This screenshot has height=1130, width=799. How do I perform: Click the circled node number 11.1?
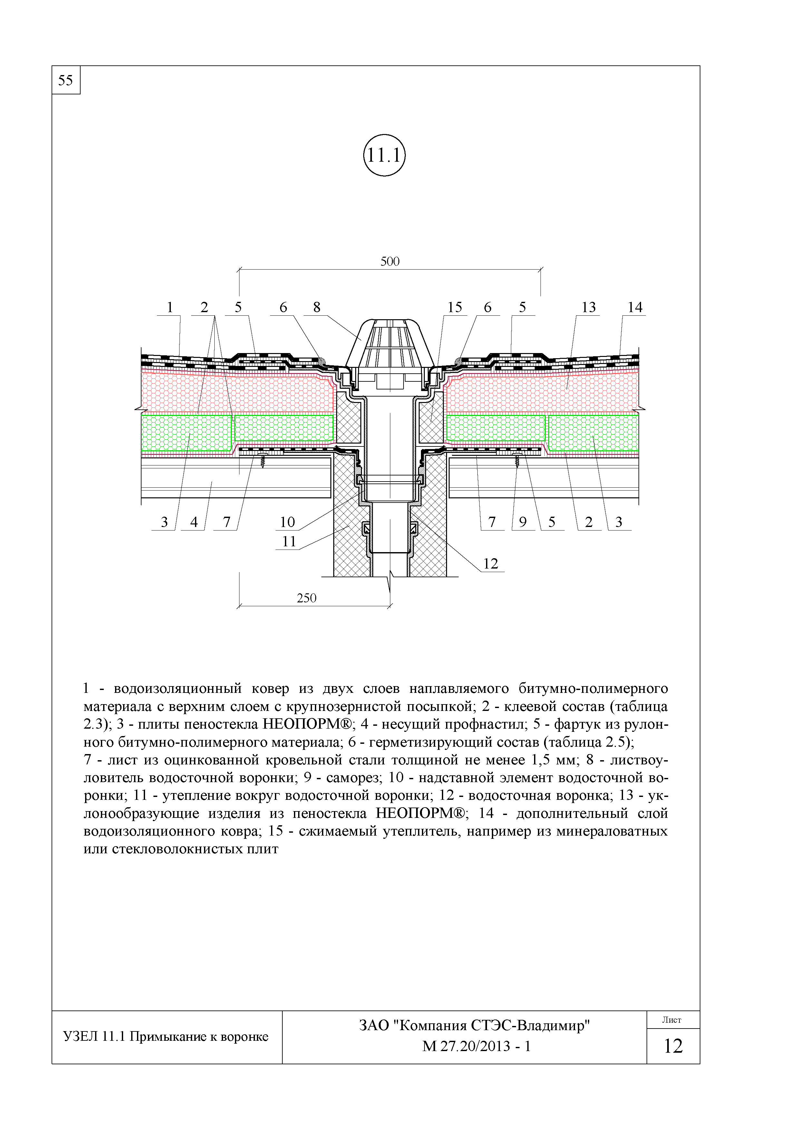(x=384, y=156)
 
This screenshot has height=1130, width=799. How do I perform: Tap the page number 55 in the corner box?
(x=65, y=80)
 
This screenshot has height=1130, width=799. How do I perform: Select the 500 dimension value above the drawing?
(x=390, y=261)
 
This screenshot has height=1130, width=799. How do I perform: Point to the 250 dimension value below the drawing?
(x=306, y=598)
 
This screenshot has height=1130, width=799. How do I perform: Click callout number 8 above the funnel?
(x=317, y=307)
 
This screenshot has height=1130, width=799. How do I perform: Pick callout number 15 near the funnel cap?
(x=454, y=307)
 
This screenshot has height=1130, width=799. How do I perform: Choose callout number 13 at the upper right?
(x=589, y=307)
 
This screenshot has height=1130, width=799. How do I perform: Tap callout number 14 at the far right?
(x=635, y=307)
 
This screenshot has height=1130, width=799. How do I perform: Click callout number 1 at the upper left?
(x=170, y=307)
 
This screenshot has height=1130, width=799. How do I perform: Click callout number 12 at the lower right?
(x=491, y=563)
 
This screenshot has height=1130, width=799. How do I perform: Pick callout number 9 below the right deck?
(x=523, y=522)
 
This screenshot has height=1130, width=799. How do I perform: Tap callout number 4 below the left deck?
(x=194, y=522)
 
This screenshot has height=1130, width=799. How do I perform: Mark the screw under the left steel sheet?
(x=263, y=461)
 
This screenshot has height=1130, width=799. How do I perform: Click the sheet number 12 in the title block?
(x=673, y=1046)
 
